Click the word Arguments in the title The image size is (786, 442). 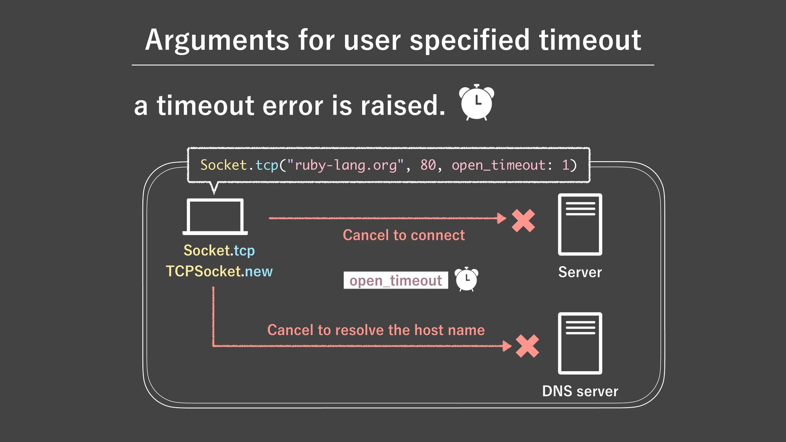pos(217,41)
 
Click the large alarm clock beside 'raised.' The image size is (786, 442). pos(476,102)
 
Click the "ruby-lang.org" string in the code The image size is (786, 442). pos(345,165)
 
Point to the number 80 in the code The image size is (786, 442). pos(428,165)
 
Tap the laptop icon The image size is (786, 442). pos(215,216)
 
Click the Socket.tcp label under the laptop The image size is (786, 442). pos(219,250)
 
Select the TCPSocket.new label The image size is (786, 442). pos(219,271)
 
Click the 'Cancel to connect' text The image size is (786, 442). pos(404,235)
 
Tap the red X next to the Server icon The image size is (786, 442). pos(523,221)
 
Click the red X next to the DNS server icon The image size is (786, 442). pos(527,346)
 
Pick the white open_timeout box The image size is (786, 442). pos(395,281)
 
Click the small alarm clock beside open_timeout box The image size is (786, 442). pos(466,279)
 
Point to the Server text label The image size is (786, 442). pos(580,273)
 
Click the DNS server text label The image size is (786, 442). pos(580,391)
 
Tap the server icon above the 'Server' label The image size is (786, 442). pos(580,224)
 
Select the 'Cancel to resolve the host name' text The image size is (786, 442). pos(376,330)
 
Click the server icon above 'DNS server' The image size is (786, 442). pos(580,343)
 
